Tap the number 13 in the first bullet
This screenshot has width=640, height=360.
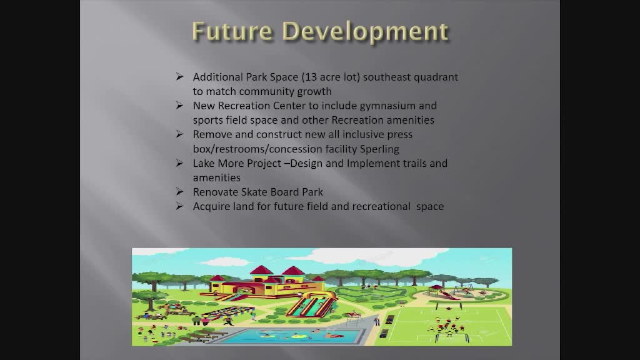pyautogui.click(x=312, y=77)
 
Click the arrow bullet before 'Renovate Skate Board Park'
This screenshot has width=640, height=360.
pyautogui.click(x=179, y=191)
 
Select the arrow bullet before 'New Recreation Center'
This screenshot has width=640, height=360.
pyautogui.click(x=179, y=105)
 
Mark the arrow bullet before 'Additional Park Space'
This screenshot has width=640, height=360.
pyautogui.click(x=179, y=76)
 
